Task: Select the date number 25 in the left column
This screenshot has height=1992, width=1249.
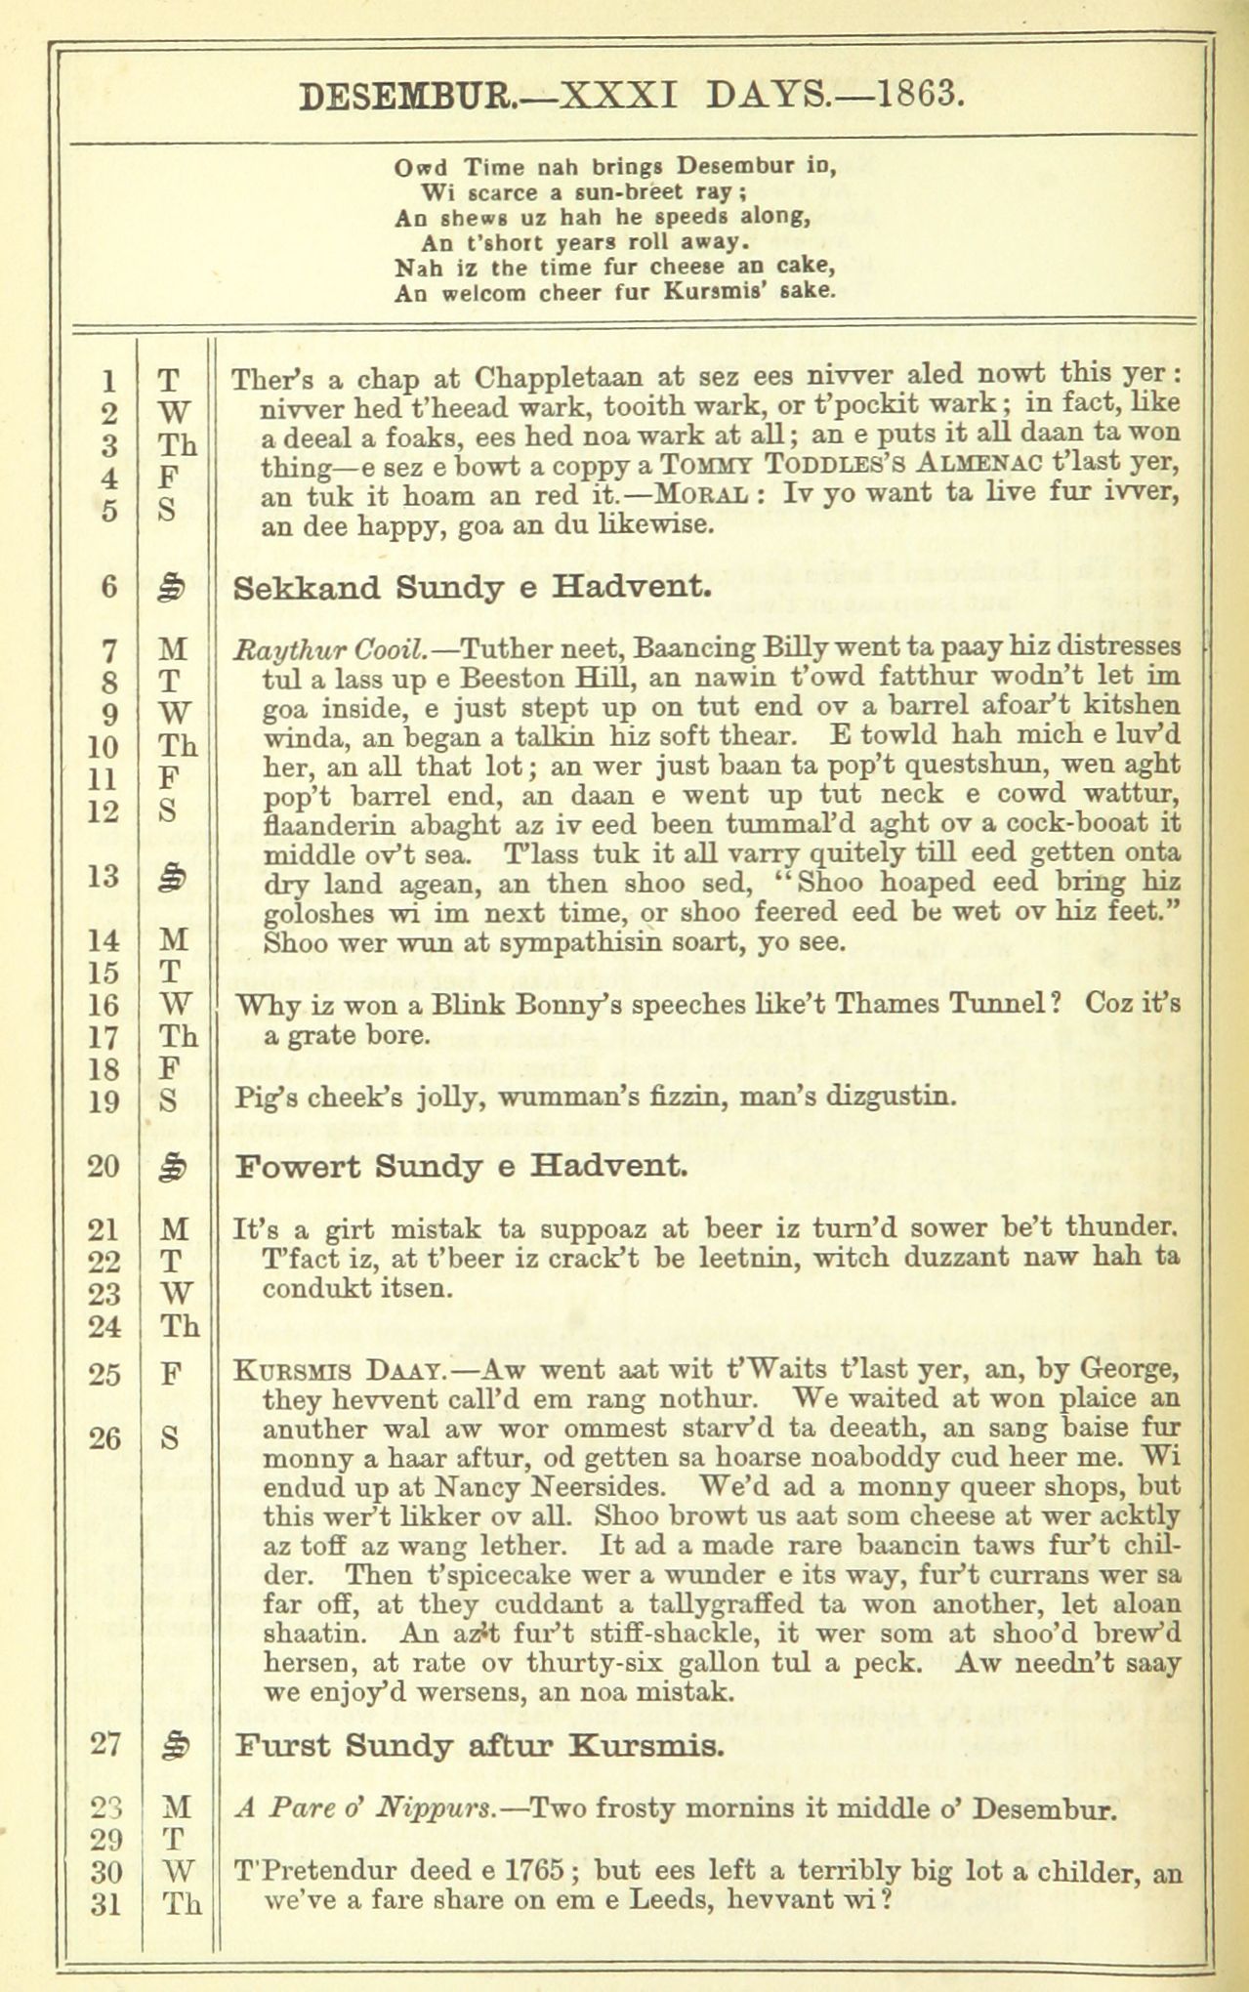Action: coord(105,1375)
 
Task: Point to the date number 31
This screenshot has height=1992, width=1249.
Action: coord(105,1903)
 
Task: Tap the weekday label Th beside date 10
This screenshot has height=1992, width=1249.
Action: coord(178,747)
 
